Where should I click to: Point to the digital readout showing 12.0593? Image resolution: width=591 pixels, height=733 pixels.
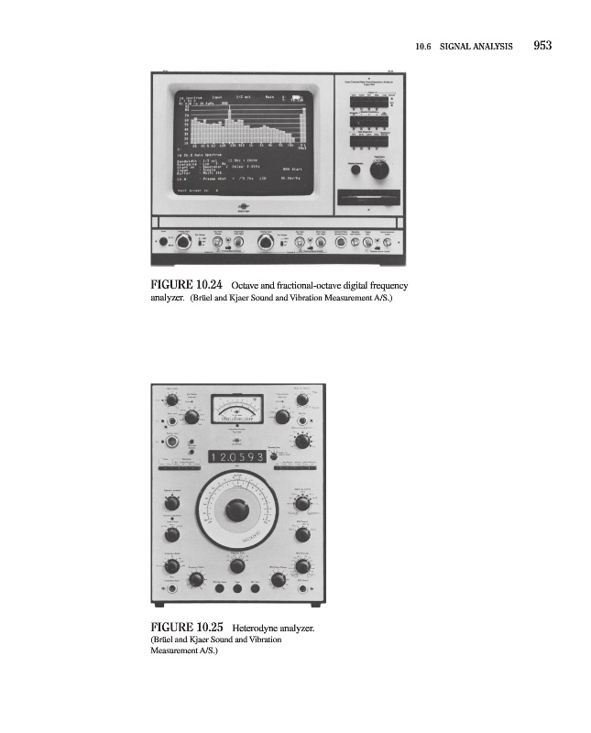point(237,456)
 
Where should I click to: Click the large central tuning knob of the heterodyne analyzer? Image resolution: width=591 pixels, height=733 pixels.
point(237,508)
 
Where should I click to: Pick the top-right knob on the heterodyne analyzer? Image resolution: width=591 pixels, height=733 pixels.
point(303,399)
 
